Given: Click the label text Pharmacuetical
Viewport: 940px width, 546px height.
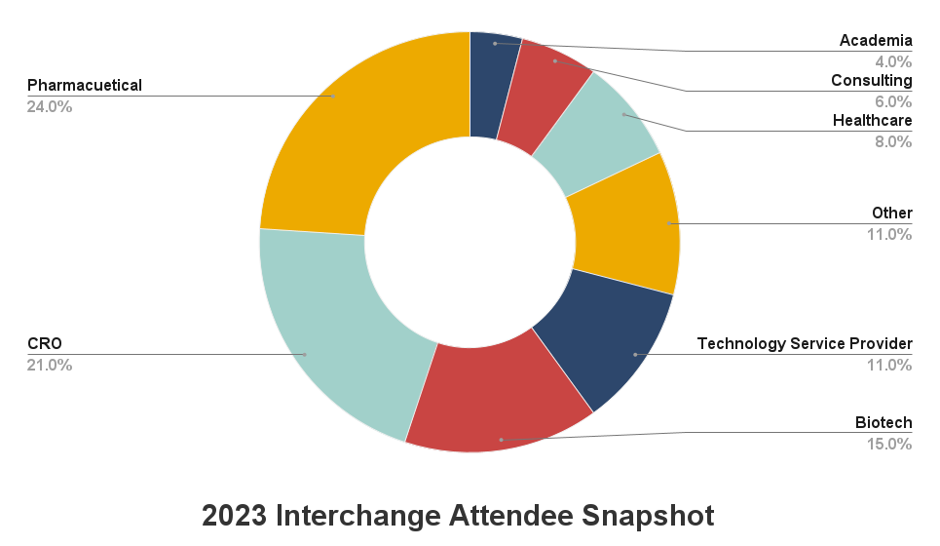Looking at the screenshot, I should point(85,85).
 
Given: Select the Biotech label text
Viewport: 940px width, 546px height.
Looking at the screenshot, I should point(884,422).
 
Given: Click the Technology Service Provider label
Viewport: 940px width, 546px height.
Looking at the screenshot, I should point(805,343).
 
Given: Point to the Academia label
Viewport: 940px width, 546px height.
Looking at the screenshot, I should point(876,40).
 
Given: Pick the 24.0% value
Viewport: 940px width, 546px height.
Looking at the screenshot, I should point(50,106).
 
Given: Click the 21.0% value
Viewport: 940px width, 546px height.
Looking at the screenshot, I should point(50,366).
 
